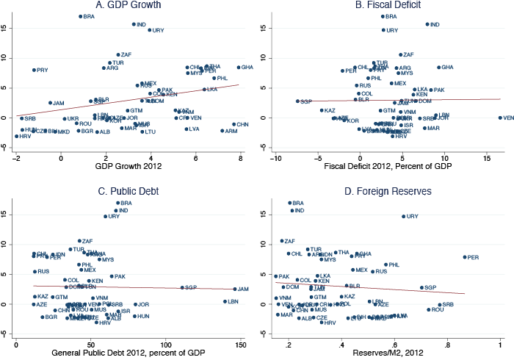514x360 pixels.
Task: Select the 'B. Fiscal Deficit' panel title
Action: point(385,5)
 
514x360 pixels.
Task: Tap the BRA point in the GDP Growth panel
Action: point(81,16)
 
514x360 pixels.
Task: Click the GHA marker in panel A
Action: point(239,67)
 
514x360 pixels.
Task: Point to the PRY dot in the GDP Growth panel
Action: point(34,70)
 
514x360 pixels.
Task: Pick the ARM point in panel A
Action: point(222,131)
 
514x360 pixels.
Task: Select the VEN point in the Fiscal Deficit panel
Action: point(500,118)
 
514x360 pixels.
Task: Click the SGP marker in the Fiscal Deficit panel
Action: point(298,101)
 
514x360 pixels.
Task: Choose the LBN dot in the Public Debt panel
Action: point(225,301)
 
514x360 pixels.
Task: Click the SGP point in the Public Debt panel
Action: point(182,287)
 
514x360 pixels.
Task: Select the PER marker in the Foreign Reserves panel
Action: point(465,257)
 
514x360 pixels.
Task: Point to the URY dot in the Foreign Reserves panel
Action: point(403,217)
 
